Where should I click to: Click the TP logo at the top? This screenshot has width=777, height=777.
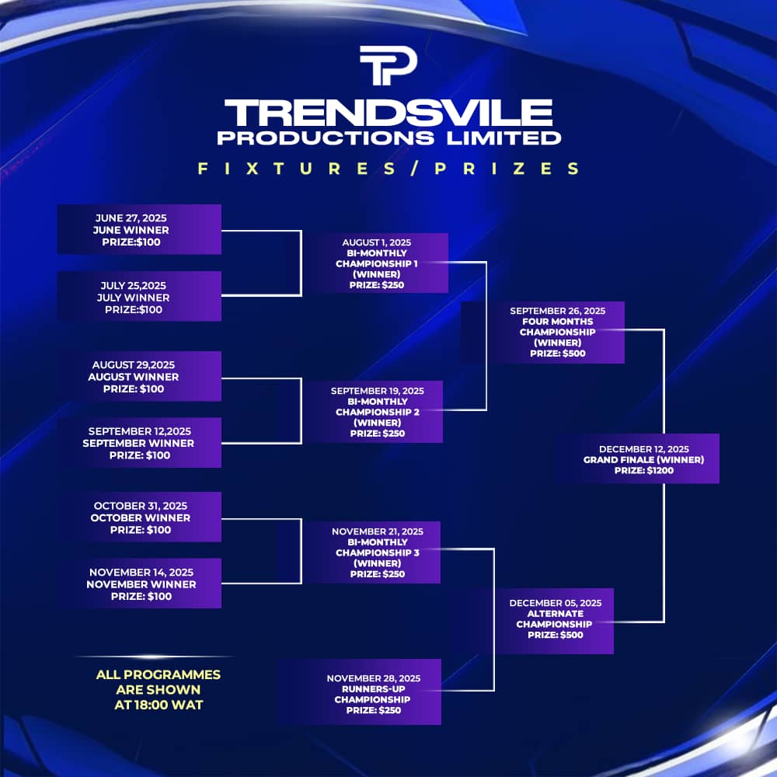[388, 65]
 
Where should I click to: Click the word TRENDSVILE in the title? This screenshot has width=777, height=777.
[388, 113]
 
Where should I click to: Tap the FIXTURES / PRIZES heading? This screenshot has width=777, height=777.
[388, 169]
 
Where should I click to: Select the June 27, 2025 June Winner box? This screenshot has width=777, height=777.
[139, 229]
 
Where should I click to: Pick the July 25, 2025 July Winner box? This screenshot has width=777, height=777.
[139, 296]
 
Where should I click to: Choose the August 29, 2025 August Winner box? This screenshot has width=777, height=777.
[139, 376]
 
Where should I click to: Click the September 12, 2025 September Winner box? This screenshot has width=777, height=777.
[139, 443]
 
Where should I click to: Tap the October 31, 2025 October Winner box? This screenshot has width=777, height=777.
[139, 517]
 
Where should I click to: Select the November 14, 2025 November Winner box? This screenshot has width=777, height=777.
[139, 584]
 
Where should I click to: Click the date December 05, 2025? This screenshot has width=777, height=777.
[556, 603]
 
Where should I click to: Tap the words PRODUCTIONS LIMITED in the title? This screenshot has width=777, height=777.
[389, 138]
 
